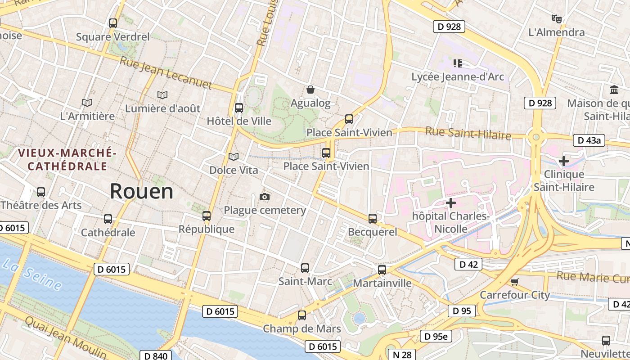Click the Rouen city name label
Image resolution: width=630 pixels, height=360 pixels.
point(141,191)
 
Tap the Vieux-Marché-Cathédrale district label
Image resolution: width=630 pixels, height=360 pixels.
point(67,160)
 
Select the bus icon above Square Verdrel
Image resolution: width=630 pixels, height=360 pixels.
point(113,23)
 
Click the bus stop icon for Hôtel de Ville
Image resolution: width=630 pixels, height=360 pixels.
point(239,108)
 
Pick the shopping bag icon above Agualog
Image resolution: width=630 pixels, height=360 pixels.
point(310,90)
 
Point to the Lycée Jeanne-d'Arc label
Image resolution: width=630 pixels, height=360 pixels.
point(458,77)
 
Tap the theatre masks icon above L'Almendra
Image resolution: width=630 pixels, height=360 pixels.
point(557,19)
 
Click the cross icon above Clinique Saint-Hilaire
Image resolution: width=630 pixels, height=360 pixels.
point(563,161)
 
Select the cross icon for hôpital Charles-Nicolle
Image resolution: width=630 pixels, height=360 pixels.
point(450,203)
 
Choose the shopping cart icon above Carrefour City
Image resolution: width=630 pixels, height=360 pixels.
point(515,282)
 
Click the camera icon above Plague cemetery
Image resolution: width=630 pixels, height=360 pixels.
point(265,197)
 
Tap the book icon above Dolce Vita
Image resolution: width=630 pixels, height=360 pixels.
point(234,157)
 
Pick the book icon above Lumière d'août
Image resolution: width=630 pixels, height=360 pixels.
point(162,95)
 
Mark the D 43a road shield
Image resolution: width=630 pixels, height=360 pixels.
point(589,140)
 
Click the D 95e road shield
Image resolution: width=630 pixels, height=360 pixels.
point(436,336)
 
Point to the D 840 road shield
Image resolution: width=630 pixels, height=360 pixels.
point(156,356)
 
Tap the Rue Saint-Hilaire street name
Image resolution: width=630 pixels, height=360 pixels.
point(468,134)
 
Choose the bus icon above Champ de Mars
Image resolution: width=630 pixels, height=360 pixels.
point(302,315)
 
